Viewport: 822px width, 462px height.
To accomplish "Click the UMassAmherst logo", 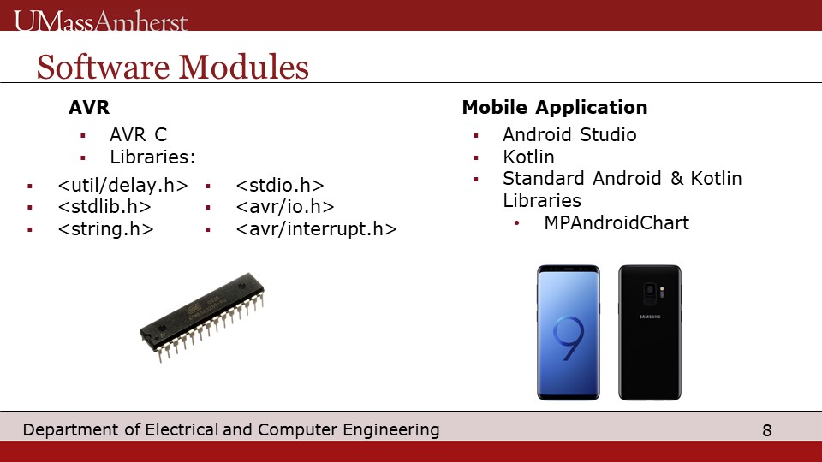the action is point(101,21).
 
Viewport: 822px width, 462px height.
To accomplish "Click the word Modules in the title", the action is point(244,67).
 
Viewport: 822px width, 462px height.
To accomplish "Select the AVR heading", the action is point(89,108).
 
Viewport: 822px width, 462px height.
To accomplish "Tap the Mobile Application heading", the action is point(555,108).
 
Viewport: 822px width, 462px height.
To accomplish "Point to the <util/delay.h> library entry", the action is point(122,186).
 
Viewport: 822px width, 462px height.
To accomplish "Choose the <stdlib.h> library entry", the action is point(104,207).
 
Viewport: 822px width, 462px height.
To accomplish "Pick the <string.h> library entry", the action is point(105,229).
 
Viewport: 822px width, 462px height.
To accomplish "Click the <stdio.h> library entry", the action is point(280,186).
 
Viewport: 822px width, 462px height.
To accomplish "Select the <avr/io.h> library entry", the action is point(285,207).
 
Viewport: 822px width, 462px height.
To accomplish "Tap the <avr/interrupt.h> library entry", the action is point(316,229).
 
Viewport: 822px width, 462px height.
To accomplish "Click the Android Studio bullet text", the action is point(569,134).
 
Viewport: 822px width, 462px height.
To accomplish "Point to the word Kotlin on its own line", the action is point(528,157).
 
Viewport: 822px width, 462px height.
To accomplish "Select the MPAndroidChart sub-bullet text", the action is point(616,222).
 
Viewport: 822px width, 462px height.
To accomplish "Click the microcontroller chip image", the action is point(202,317).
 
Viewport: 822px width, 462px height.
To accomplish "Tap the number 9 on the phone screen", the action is point(569,339).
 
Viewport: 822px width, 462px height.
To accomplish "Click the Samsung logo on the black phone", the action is point(650,317).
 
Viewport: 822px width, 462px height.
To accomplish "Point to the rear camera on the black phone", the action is point(650,294).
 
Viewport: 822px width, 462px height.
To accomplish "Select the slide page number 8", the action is point(767,430).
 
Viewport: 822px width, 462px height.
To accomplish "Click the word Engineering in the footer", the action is point(391,430).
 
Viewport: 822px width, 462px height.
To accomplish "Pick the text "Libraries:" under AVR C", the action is point(152,157).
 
